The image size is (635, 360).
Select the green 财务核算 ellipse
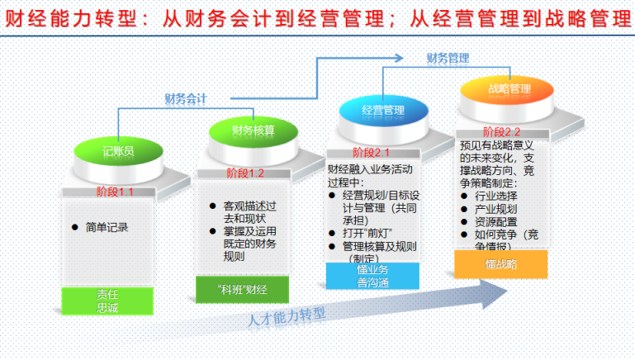(x=253, y=130)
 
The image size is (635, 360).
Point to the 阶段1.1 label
(x=114, y=192)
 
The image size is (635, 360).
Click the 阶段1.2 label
(x=245, y=173)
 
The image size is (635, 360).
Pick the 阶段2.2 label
(x=502, y=131)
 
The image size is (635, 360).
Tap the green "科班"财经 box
(x=242, y=288)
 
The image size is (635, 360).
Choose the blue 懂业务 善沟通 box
(x=373, y=276)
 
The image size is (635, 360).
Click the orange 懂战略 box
(x=501, y=264)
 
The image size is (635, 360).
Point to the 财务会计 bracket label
(x=185, y=98)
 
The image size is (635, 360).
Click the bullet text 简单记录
(x=107, y=226)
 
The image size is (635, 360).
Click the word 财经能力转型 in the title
(x=54, y=19)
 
